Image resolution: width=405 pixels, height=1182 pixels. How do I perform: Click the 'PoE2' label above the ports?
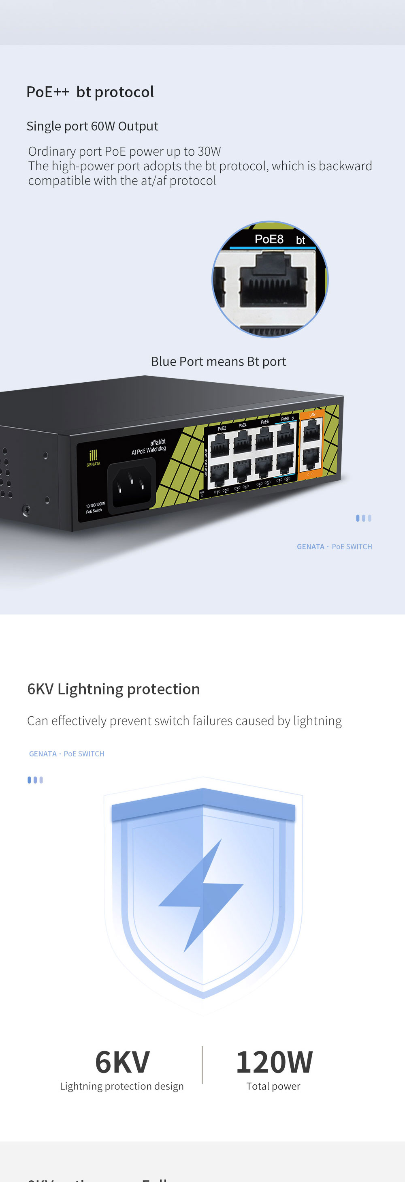222,428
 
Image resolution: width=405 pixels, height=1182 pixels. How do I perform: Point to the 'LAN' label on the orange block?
312,415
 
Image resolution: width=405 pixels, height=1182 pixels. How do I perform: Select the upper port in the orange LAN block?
311,431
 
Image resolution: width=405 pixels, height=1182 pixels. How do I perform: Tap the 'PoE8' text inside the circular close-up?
269,239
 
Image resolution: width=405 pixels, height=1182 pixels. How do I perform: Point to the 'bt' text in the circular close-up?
301,240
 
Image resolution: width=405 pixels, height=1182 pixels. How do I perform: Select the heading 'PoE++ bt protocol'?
90,92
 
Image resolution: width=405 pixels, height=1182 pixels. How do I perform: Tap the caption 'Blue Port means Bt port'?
218,362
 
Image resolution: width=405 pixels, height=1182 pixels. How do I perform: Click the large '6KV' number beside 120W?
122,1062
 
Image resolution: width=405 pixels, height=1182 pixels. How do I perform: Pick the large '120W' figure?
274,1062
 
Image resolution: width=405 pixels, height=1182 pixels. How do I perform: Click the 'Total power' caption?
273,1086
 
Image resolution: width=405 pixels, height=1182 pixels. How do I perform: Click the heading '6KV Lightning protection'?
113,689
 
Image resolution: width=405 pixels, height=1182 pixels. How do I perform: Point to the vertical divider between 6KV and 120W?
202,1065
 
